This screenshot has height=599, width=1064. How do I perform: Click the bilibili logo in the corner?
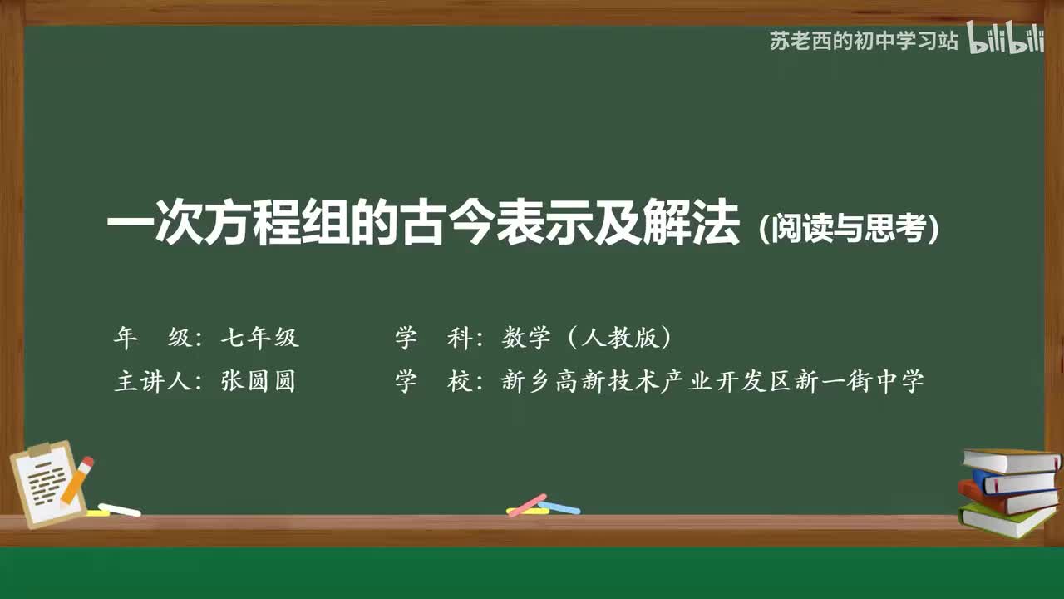click(x=1005, y=41)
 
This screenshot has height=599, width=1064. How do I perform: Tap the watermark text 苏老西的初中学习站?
click(x=864, y=41)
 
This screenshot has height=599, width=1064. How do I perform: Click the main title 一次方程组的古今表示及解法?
click(x=423, y=227)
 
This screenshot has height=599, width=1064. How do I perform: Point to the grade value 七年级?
click(x=259, y=338)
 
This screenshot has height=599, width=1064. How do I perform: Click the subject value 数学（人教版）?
click(x=586, y=338)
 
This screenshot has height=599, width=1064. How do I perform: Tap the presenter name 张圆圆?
click(x=259, y=382)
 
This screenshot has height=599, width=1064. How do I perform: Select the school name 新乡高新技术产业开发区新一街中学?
click(x=712, y=382)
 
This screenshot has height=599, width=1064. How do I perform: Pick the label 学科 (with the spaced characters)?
click(x=433, y=338)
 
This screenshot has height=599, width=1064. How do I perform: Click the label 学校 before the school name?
click(x=433, y=382)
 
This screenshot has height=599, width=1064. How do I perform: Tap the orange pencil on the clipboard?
click(x=76, y=481)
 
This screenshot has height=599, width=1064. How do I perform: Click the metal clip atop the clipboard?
click(x=39, y=450)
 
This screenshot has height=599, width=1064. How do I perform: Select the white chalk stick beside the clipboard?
click(x=119, y=509)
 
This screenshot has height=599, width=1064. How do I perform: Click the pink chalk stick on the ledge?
click(x=527, y=505)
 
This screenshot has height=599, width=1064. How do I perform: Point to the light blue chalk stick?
click(x=559, y=507)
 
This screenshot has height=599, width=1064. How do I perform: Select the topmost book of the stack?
click(x=1011, y=460)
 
